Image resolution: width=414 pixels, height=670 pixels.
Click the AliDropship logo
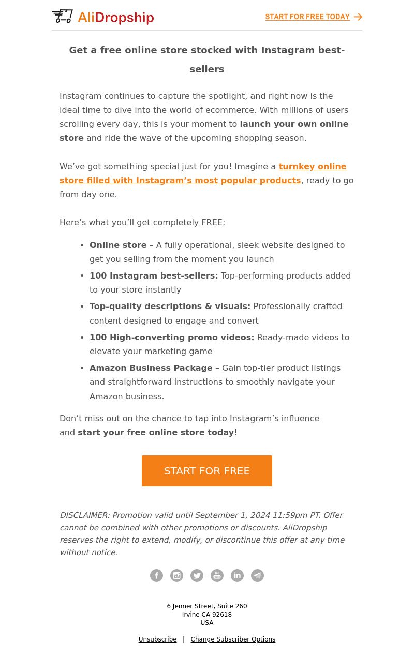(x=102, y=17)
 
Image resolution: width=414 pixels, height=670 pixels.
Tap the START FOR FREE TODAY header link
(x=307, y=17)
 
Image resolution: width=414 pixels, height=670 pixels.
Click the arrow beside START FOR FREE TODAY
(x=358, y=17)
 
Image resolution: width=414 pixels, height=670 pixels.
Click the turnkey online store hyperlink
(x=203, y=173)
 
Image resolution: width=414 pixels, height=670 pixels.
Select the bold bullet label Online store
(x=118, y=245)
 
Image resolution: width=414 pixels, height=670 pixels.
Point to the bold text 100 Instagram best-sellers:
(x=154, y=275)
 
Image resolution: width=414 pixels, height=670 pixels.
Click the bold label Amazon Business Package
(x=151, y=368)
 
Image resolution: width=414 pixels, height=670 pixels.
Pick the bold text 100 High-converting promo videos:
(x=172, y=337)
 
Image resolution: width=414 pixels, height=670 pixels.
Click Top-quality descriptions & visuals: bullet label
(x=170, y=306)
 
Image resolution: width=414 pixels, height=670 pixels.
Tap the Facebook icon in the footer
(x=156, y=575)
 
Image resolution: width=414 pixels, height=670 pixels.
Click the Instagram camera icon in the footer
(x=176, y=575)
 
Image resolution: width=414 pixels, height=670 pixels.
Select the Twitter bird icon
(x=197, y=575)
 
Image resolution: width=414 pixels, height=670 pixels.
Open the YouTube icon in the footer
(x=217, y=575)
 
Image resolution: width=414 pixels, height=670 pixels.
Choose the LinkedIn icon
(x=237, y=575)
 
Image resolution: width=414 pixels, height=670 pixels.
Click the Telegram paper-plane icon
(x=257, y=575)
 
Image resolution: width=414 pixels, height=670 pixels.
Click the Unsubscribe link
(x=157, y=639)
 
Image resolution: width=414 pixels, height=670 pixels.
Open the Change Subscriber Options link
(x=233, y=639)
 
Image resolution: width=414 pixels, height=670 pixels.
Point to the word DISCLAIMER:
(x=84, y=515)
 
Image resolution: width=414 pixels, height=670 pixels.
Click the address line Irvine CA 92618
(x=207, y=615)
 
